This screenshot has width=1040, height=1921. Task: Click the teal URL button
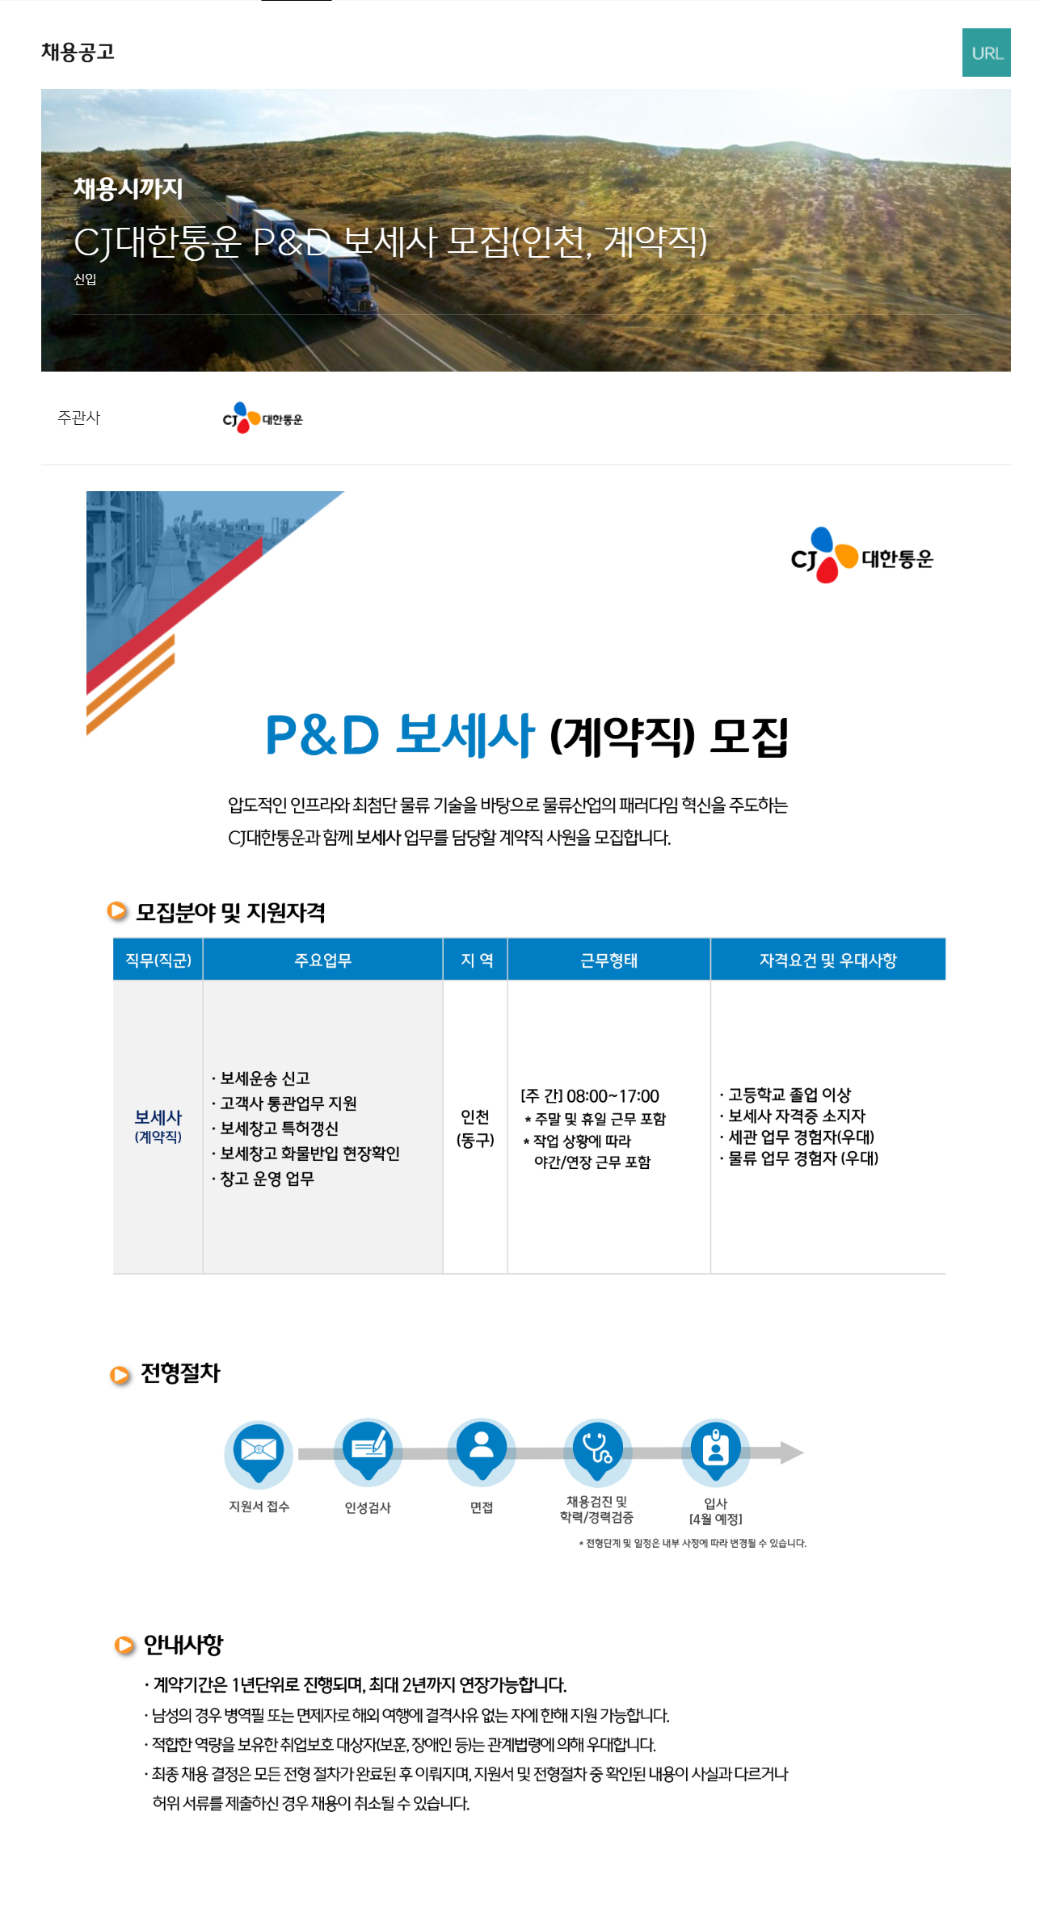tap(986, 53)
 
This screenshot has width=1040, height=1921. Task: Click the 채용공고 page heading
tap(78, 53)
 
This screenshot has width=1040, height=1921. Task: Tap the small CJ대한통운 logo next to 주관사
tap(263, 418)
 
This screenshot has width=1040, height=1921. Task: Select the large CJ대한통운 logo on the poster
tap(861, 557)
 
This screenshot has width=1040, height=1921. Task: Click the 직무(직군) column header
tap(158, 960)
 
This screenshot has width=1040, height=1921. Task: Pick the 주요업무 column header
tap(322, 960)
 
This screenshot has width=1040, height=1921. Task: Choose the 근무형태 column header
tap(608, 960)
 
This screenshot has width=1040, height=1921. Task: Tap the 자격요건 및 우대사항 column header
tap(827, 960)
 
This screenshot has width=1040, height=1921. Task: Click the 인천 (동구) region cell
tap(475, 1128)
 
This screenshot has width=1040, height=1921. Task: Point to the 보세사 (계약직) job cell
tap(158, 1125)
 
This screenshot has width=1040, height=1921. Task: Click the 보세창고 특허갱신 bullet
tap(279, 1129)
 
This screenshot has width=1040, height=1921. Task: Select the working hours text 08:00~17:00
tap(613, 1096)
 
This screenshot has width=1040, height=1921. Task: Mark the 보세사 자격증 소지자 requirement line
tap(796, 1116)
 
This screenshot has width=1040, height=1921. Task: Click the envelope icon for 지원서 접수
tap(259, 1451)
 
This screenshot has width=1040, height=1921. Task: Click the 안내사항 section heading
tap(183, 1645)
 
